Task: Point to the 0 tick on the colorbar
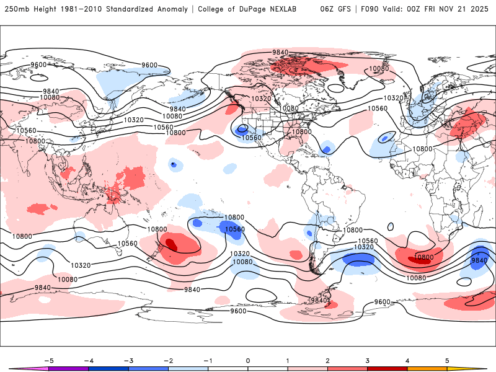248,360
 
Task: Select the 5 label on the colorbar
447,360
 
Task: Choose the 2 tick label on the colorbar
327,360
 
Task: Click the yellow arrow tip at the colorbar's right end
478,369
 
